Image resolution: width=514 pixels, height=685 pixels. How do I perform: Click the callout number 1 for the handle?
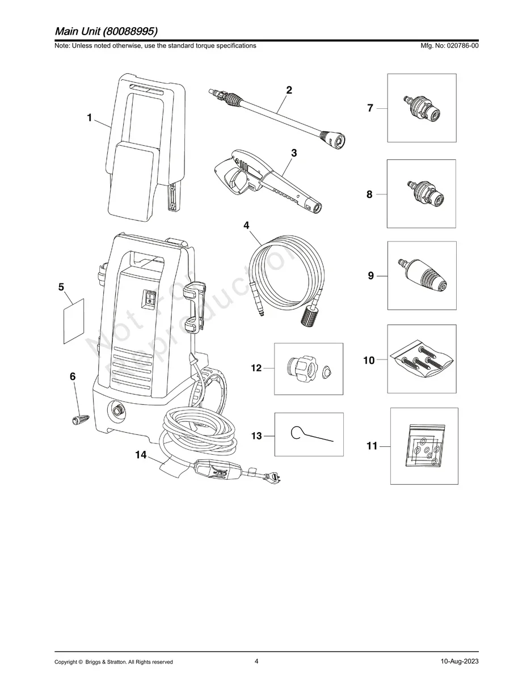[89, 118]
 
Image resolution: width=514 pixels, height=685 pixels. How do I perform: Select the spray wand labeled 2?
[278, 114]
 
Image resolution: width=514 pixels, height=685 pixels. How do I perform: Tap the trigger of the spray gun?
[234, 181]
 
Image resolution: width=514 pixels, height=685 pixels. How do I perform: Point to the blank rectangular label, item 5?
[73, 320]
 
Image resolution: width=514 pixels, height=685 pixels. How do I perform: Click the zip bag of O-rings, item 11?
[424, 447]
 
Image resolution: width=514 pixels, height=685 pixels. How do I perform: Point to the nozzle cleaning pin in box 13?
[309, 435]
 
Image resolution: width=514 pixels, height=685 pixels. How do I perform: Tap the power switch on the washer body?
[150, 299]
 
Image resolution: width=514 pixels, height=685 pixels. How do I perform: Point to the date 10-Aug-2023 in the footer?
[458, 662]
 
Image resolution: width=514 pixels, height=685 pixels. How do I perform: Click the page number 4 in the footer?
[256, 661]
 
